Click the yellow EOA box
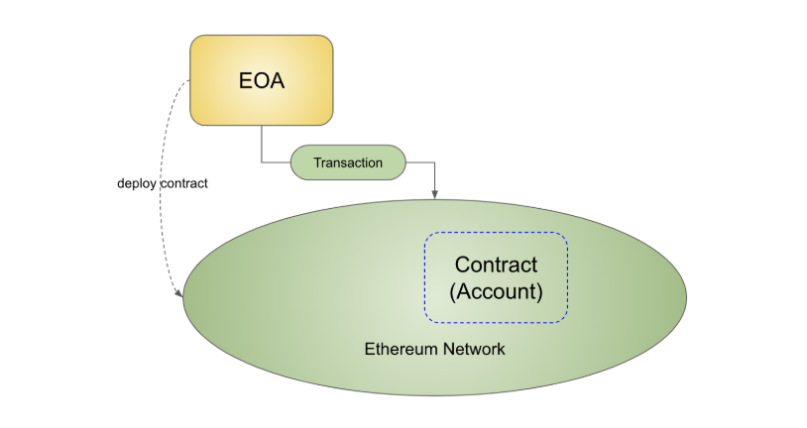point(262,80)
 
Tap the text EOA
point(262,81)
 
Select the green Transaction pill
point(348,162)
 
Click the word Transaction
point(348,162)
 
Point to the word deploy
point(137,183)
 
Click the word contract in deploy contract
point(184,183)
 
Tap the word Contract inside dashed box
point(496,265)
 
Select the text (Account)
point(496,291)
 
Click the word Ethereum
point(401,349)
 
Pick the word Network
point(474,349)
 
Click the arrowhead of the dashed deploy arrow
point(179,293)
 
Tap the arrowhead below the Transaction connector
point(435,195)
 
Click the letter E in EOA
point(246,81)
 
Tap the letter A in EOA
point(277,81)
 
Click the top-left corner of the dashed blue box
point(425,233)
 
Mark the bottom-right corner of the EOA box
point(332,124)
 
